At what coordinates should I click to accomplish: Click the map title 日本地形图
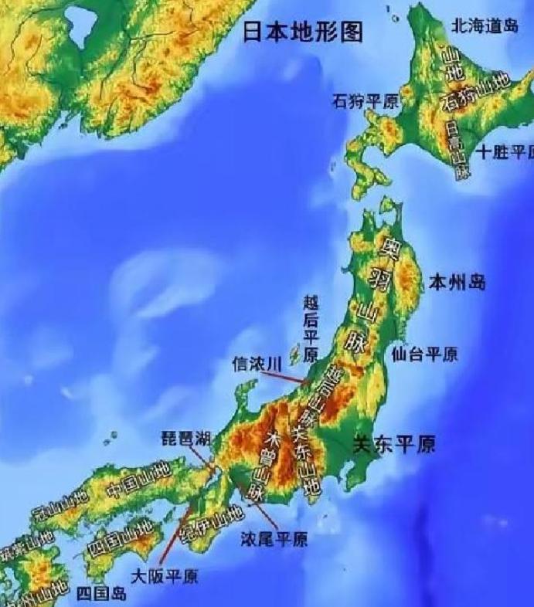302,31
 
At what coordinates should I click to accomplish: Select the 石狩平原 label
366,100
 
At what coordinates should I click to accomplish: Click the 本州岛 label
457,282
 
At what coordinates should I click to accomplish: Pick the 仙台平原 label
424,354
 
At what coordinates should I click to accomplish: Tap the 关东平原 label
393,444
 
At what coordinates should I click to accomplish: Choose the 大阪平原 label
163,575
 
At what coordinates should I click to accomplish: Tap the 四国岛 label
102,593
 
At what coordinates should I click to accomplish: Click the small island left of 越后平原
294,355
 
